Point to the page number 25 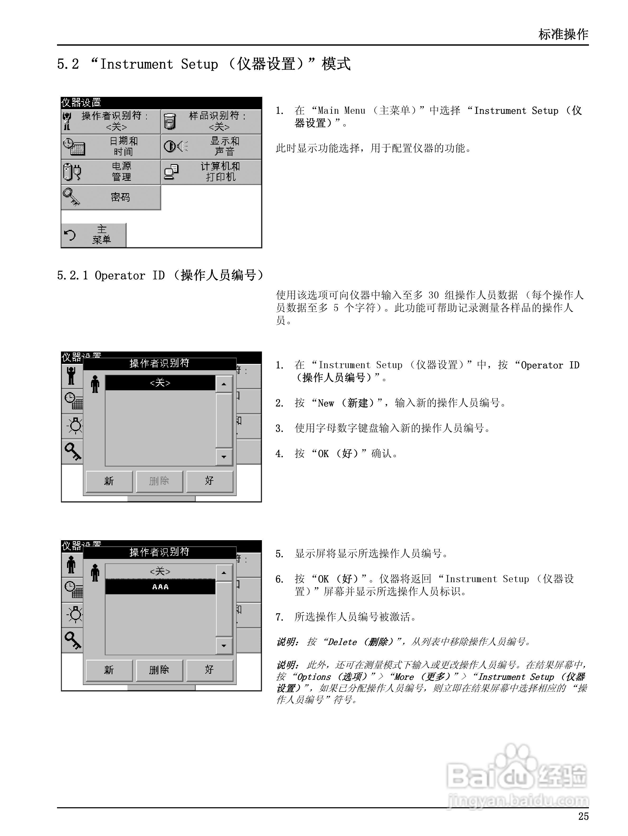583,816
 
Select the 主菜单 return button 93,235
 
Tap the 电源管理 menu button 111,172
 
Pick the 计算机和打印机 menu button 211,172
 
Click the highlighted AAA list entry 160,587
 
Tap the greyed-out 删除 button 159,481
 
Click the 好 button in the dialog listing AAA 209,670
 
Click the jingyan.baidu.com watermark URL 518,800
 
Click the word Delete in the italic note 342,642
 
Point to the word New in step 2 326,403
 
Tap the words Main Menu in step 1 341,111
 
